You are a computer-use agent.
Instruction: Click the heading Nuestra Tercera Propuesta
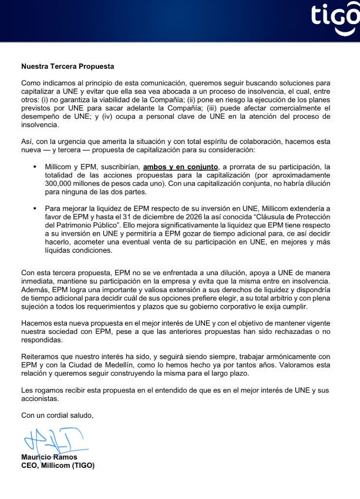[x=68, y=66]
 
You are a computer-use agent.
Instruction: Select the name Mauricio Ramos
[x=49, y=457]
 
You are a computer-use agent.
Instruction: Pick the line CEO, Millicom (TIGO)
[x=58, y=465]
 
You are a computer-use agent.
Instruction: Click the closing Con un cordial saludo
[x=57, y=416]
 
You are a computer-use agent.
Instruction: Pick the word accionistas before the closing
[x=40, y=398]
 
